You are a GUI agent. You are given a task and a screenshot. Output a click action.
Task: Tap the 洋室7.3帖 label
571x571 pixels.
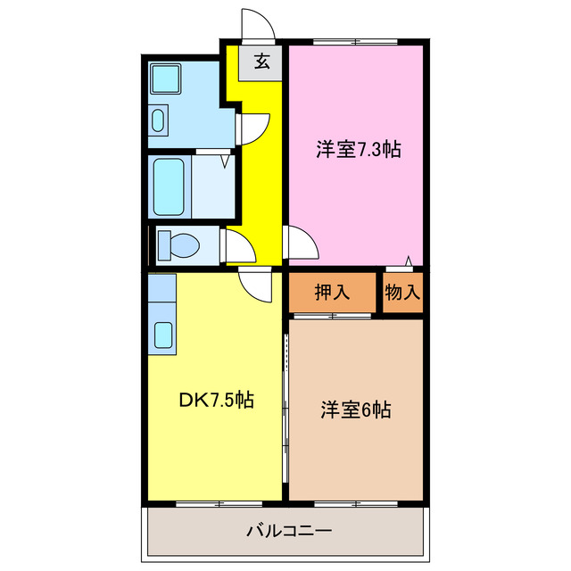pyautogui.click(x=357, y=150)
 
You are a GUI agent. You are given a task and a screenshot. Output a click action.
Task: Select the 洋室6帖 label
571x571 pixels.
pyautogui.click(x=356, y=410)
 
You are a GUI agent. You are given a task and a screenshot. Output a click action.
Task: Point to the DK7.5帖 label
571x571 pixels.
pyautogui.click(x=217, y=401)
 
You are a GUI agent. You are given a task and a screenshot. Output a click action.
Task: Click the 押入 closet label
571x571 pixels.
pyautogui.click(x=332, y=291)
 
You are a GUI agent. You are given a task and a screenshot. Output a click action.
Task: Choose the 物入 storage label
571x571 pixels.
pyautogui.click(x=402, y=291)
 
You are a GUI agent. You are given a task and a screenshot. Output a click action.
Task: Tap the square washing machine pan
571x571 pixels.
pyautogui.click(x=165, y=79)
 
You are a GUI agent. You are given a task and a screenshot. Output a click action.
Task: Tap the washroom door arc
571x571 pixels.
pyautogui.click(x=254, y=126)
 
